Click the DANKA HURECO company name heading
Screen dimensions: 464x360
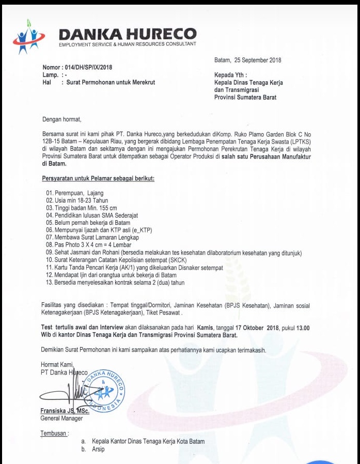click(x=128, y=34)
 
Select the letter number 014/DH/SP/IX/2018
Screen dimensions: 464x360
click(x=86, y=68)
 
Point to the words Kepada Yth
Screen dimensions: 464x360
click(x=230, y=75)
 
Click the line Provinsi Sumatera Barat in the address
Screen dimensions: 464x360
click(x=245, y=97)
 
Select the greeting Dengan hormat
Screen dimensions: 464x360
click(x=62, y=119)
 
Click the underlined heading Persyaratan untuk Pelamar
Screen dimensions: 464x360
click(x=98, y=179)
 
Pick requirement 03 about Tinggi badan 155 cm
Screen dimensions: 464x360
click(x=82, y=208)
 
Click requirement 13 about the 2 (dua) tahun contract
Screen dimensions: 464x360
click(x=115, y=283)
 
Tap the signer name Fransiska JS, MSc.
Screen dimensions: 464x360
click(x=65, y=411)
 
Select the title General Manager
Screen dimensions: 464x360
click(x=61, y=419)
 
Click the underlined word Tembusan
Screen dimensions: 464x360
click(x=54, y=433)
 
